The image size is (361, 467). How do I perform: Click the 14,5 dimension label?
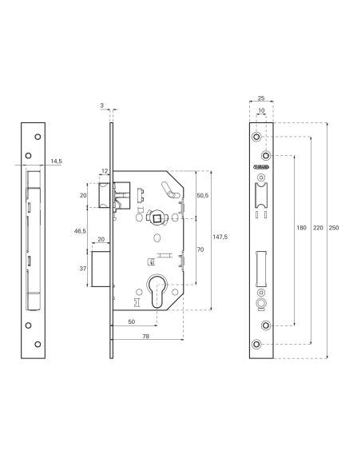[x=55, y=161]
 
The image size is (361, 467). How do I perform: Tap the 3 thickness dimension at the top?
[x=102, y=105]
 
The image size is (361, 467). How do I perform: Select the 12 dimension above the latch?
[x=104, y=170]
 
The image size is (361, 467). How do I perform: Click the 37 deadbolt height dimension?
[x=83, y=269]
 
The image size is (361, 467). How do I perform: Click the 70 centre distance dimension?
[x=201, y=249]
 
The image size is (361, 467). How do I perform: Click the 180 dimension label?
[x=300, y=229]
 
